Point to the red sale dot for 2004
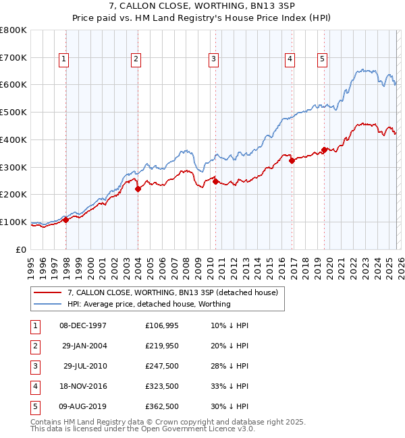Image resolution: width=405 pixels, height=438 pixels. (x=138, y=189)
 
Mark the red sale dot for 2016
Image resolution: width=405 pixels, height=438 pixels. (x=292, y=160)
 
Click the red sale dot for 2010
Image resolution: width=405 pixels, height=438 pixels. (x=215, y=181)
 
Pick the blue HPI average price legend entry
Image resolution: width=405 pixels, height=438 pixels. (x=148, y=304)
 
